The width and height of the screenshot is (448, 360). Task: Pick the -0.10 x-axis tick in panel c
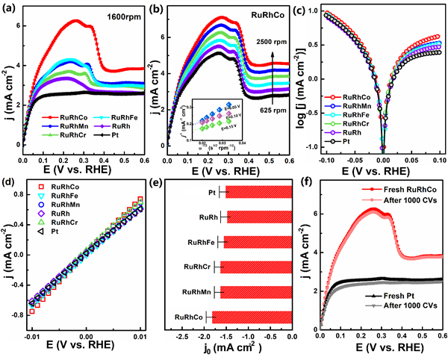coord(323,159)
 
